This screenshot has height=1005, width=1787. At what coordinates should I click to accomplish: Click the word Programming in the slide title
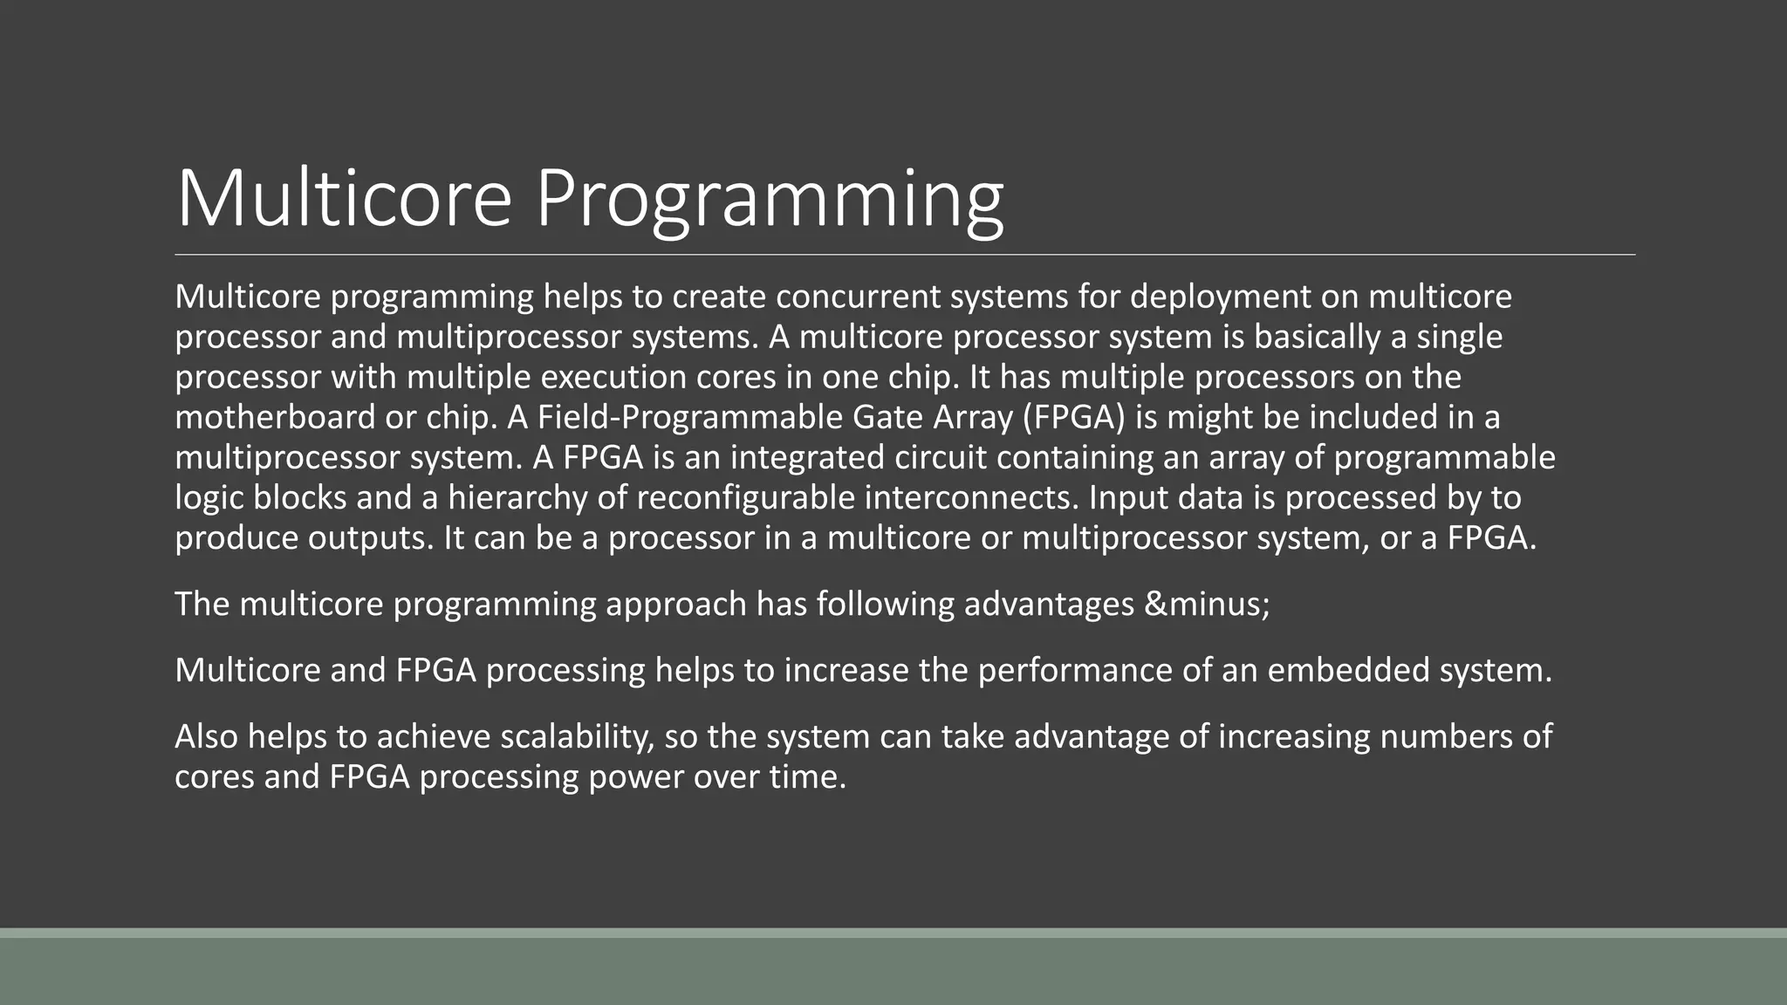pyautogui.click(x=769, y=199)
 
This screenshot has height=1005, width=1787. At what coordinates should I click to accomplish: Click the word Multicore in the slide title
pyautogui.click(x=343, y=199)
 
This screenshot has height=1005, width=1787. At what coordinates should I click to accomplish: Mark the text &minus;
pyautogui.click(x=1207, y=604)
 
